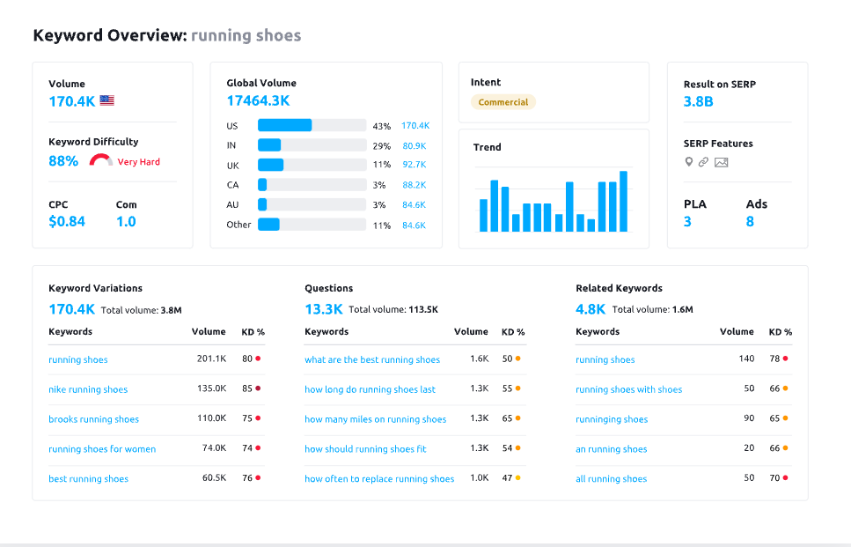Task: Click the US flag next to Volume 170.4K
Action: coord(106,100)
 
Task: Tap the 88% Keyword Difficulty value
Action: coord(63,161)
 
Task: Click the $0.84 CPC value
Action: coord(67,221)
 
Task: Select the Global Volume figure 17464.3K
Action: coord(258,101)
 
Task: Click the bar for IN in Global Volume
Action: coord(269,145)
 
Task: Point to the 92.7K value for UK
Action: coord(414,165)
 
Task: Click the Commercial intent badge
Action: coord(503,102)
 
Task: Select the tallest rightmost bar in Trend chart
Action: coord(623,202)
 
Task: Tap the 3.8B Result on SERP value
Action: coord(698,101)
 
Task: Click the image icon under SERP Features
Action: coord(722,162)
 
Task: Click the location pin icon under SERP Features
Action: coord(689,162)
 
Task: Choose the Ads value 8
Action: coord(750,222)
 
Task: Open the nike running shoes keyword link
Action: coord(88,389)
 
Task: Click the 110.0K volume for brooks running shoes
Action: coord(211,419)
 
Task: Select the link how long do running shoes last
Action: coord(370,389)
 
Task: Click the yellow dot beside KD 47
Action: coord(518,478)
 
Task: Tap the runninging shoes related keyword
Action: coord(612,419)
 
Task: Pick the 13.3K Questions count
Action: coord(323,309)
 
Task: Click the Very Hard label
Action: coord(139,162)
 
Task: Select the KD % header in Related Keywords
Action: coord(780,332)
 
